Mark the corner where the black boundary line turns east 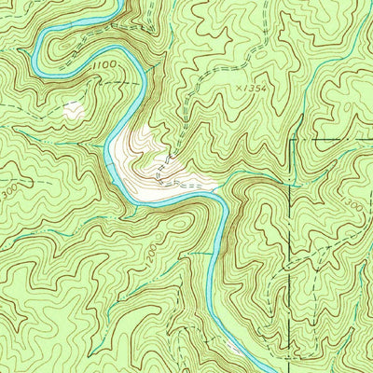pyautogui.click(x=294, y=141)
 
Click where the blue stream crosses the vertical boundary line pyautogui.click(x=294, y=184)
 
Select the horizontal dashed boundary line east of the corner pyautogui.click(x=331, y=141)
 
